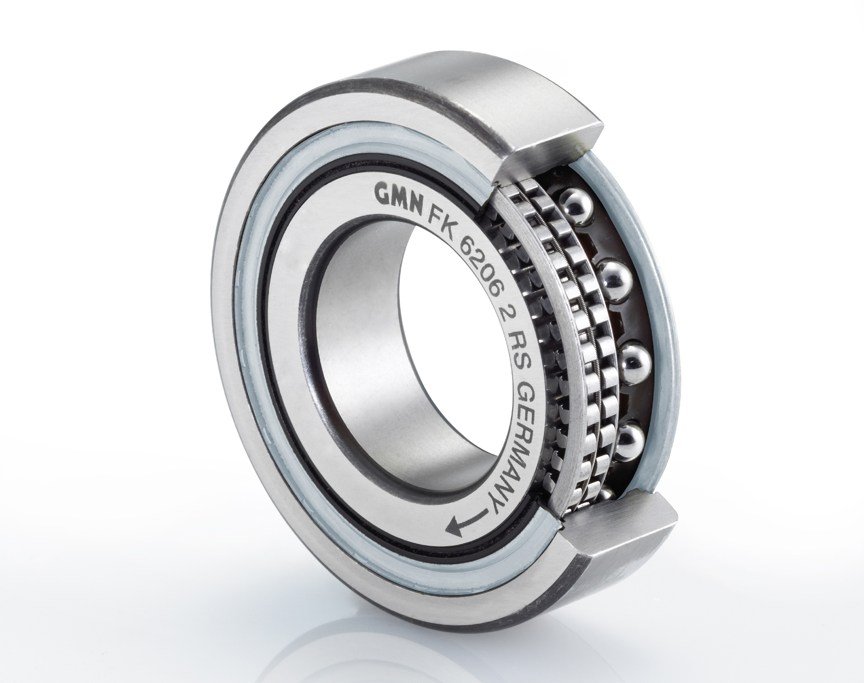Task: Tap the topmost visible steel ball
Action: [577, 203]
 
